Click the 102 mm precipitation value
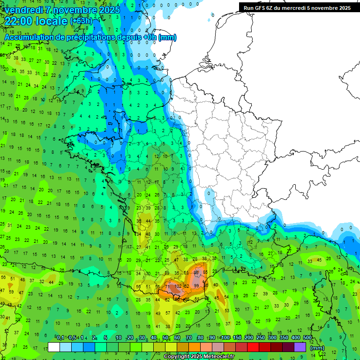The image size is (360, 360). point(178,285)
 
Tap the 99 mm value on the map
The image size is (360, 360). point(196,285)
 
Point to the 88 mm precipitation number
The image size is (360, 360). point(196,272)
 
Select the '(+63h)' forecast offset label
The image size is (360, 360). point(81,21)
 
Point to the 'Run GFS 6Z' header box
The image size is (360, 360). point(297,8)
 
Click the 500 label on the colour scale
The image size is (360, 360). point(307,337)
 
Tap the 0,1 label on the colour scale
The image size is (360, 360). point(60,337)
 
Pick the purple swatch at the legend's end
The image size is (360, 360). point(300,347)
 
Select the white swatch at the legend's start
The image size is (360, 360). point(54,347)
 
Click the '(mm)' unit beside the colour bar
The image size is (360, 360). point(317,348)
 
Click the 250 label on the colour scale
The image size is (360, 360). point(260,337)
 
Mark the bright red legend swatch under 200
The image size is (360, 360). point(253,347)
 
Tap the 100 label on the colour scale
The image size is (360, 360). point(225,337)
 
